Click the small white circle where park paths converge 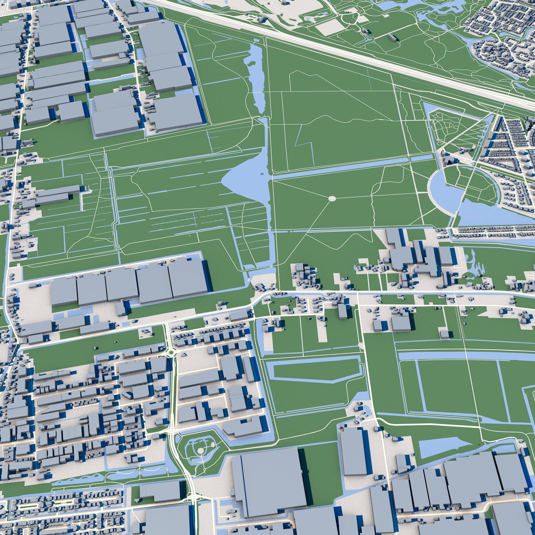(x=332, y=198)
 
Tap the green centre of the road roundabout (x=171, y=353)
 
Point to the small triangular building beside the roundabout (x=185, y=354)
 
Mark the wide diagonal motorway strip (x=360, y=61)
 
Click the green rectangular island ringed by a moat (x=316, y=372)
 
